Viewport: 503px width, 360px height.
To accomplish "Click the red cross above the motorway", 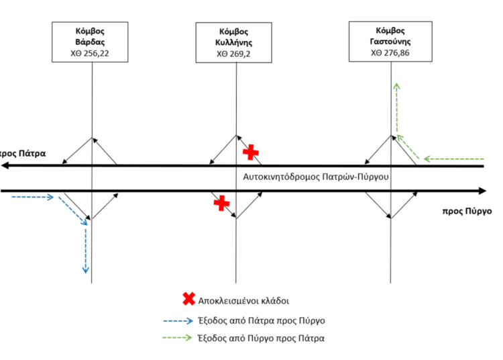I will click(250, 152).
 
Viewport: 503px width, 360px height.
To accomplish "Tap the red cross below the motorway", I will click(221, 202).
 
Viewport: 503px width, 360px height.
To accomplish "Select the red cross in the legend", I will click(189, 300).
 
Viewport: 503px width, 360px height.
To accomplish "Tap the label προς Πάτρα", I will click(24, 153).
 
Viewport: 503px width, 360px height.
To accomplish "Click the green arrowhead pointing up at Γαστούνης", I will click(396, 85).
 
